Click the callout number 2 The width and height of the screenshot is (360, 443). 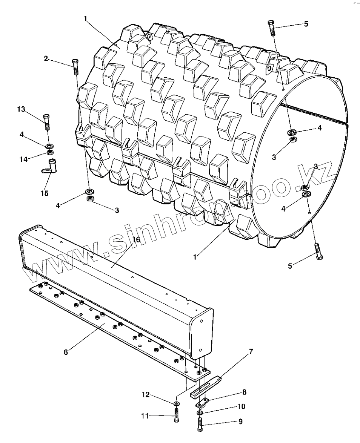coord(46,58)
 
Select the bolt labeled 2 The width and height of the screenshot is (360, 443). coord(75,67)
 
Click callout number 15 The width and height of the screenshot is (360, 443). coord(45,193)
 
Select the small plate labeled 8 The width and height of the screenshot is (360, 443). coord(202,403)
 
